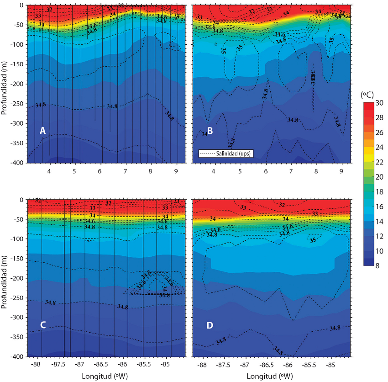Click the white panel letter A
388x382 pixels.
tap(42, 131)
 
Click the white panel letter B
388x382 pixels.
tap(210, 131)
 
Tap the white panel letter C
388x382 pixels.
tap(42, 325)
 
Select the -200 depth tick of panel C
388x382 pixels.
tap(19, 278)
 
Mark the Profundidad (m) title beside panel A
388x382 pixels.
tap(5, 84)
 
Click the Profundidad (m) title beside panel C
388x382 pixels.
tap(5, 278)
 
